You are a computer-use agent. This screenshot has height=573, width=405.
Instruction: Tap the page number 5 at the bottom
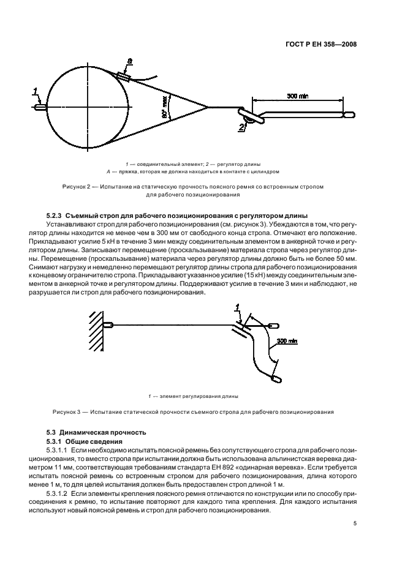click(355, 523)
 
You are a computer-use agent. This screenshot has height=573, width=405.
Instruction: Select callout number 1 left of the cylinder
click(36, 92)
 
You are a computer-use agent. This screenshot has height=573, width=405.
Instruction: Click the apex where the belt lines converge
click(209, 108)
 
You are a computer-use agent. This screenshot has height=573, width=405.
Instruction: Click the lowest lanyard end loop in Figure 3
click(276, 379)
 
